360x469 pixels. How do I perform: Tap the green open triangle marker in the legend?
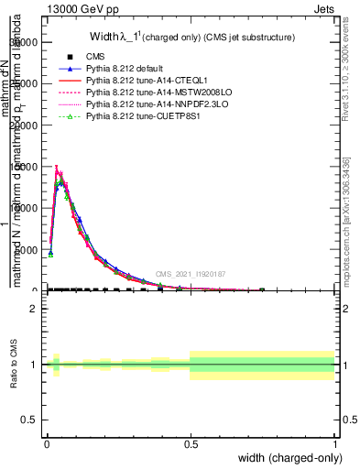pos(70,117)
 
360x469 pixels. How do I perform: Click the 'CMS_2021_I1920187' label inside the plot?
pos(190,274)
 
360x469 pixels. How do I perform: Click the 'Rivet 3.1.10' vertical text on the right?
pos(345,55)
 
